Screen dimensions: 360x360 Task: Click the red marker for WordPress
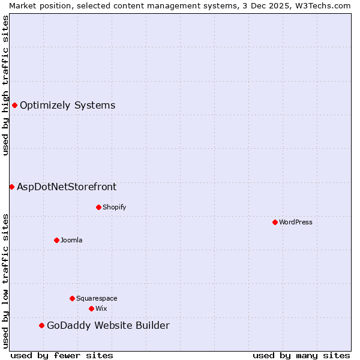click(275, 222)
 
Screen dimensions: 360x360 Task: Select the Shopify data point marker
click(98, 207)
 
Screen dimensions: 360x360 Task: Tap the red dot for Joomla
click(56, 240)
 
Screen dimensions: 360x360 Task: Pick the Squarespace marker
click(72, 298)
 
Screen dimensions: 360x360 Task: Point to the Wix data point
click(91, 308)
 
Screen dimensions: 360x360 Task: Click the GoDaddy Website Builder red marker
click(41, 325)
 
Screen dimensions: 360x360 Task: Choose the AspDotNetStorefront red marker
click(11, 187)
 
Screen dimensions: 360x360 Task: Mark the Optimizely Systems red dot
click(14, 105)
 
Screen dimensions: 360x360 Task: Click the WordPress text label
click(296, 222)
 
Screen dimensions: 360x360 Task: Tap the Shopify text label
click(114, 207)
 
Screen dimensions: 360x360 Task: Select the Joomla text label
click(71, 240)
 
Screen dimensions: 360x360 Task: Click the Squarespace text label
click(97, 298)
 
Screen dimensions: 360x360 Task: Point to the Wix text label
click(101, 308)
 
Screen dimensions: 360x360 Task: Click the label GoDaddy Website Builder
click(108, 326)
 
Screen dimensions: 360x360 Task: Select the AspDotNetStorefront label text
click(67, 187)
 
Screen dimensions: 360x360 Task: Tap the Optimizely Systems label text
click(67, 106)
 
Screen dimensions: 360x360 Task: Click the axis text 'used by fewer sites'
click(62, 355)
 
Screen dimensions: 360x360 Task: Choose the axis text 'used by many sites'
click(301, 355)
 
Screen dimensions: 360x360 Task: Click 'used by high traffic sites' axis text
click(5, 85)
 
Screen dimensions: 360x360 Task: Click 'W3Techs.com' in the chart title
click(327, 5)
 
